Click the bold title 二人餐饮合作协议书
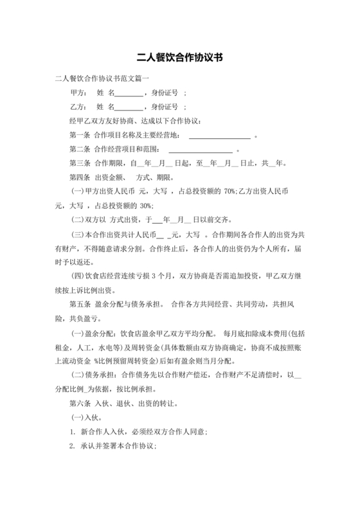coord(180,57)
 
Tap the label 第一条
coord(80,135)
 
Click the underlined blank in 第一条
coord(219,136)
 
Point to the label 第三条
coord(80,163)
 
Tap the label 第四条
coord(80,177)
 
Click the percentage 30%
coord(142,206)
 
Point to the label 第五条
coord(80,305)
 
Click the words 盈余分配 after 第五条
coord(110,305)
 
